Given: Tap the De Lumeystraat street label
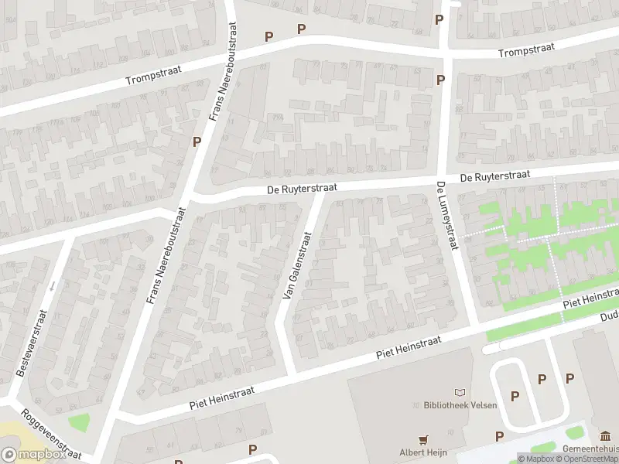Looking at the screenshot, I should (445, 216).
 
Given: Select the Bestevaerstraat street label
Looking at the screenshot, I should (33, 343).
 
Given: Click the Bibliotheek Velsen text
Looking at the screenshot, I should (460, 405).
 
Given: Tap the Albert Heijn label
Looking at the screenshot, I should (423, 453).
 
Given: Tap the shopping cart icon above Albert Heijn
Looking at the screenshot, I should (423, 439).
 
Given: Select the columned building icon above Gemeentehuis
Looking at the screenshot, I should (604, 435).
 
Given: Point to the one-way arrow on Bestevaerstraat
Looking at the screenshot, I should (52, 286).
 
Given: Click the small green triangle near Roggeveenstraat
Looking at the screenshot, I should (77, 423).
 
